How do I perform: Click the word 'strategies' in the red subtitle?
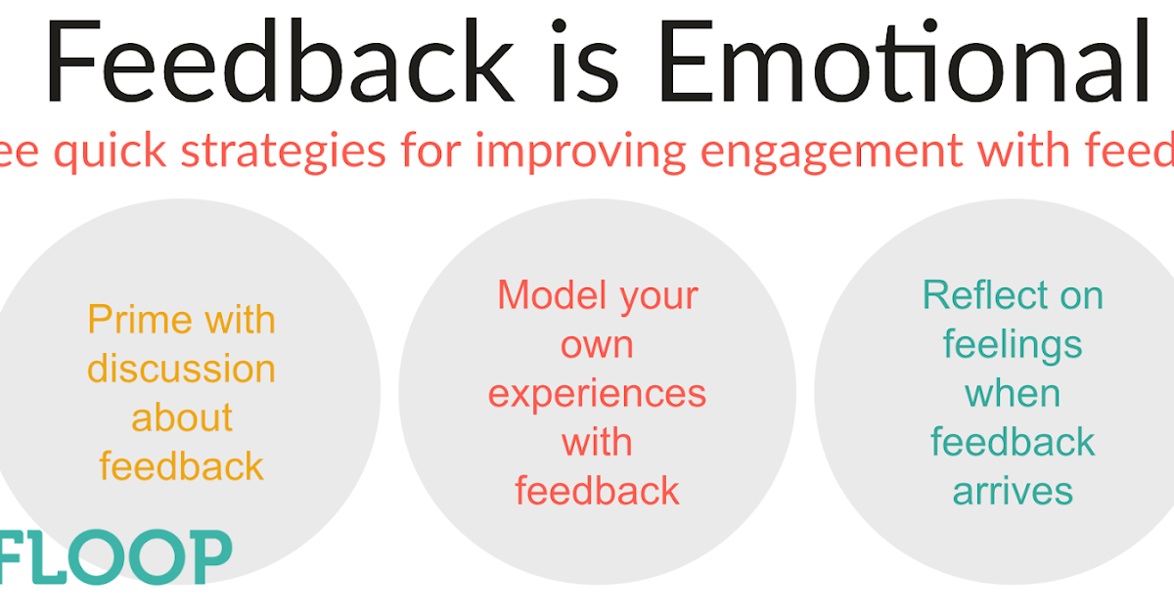(x=289, y=153)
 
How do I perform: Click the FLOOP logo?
(x=115, y=557)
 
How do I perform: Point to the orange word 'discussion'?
(x=181, y=369)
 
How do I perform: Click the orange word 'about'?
(x=181, y=418)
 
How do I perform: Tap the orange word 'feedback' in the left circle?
(x=181, y=466)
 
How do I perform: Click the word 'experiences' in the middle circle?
(x=597, y=394)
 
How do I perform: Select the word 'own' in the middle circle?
(x=597, y=344)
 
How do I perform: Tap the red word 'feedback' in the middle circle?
(x=597, y=491)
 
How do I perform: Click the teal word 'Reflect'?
(x=1013, y=295)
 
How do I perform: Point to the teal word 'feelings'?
(x=1013, y=345)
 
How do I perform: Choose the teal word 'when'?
(x=1013, y=393)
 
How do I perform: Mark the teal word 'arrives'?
(x=1013, y=491)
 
